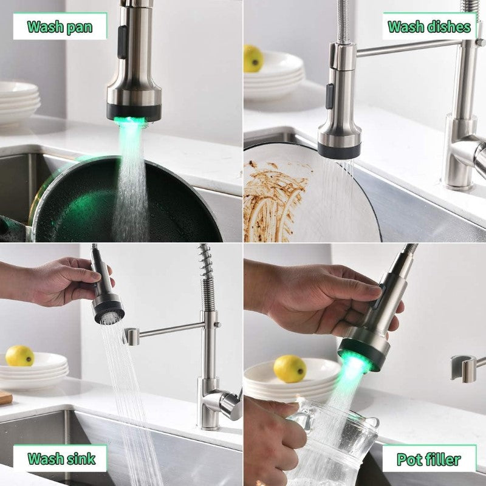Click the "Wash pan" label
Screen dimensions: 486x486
[x=60, y=26]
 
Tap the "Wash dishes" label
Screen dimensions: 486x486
[x=429, y=26]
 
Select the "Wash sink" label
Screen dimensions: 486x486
[x=61, y=458]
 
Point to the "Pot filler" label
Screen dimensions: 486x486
[x=428, y=459]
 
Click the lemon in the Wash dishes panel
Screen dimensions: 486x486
[x=253, y=58]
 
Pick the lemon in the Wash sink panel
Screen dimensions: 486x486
[x=20, y=355]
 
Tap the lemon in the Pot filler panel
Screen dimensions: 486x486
[x=290, y=368]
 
